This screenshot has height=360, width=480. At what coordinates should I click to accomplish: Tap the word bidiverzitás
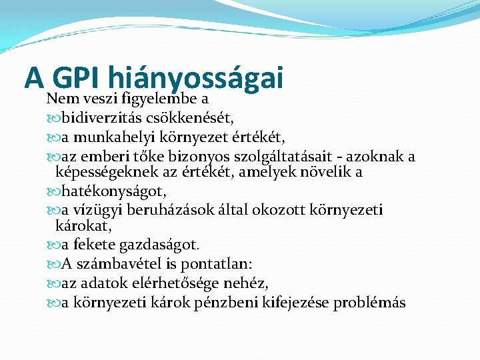99,119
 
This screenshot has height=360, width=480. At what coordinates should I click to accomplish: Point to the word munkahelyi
107,138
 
